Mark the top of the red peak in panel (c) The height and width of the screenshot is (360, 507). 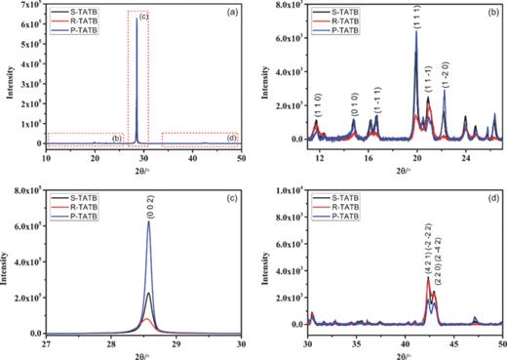click(x=148, y=318)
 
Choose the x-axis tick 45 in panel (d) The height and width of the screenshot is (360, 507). click(x=453, y=343)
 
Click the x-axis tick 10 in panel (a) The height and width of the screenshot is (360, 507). click(x=45, y=155)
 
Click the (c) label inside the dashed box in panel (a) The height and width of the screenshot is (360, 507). click(x=143, y=18)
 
